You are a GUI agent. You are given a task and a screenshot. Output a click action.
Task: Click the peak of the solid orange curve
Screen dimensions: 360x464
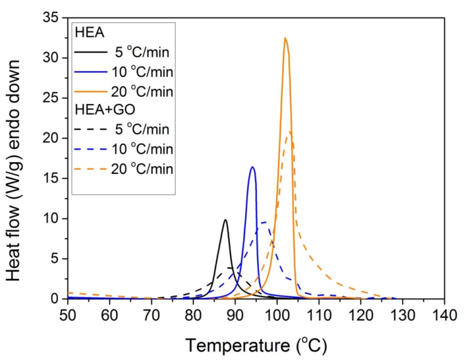point(285,38)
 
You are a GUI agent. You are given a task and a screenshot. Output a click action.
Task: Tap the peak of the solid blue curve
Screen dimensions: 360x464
point(252,167)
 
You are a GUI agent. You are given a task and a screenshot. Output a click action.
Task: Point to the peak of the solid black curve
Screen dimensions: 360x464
point(225,219)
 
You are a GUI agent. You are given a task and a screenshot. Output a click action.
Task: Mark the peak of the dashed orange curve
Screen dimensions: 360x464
point(289,132)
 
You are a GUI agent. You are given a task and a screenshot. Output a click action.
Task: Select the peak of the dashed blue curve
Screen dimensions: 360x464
point(264,222)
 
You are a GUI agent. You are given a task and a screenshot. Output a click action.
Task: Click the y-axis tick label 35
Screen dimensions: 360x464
point(51,17)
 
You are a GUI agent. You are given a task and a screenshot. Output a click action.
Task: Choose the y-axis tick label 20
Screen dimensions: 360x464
point(51,138)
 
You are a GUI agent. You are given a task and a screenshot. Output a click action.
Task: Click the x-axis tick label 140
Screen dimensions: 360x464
point(444,316)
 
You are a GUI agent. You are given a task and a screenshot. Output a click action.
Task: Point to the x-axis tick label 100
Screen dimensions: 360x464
point(277,316)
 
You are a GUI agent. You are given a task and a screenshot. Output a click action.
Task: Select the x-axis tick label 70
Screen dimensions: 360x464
point(151,316)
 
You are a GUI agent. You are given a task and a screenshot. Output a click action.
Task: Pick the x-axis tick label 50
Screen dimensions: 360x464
point(68,316)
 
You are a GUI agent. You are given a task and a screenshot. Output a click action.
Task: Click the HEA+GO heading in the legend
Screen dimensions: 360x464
point(105,110)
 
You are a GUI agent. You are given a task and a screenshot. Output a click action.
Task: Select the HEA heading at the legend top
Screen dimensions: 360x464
point(89,33)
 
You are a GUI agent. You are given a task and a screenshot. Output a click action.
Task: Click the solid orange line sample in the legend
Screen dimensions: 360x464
point(91,92)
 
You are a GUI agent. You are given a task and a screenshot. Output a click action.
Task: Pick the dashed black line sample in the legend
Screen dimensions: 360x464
point(91,129)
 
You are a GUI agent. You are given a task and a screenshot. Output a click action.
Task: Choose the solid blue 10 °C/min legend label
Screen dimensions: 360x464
point(142,72)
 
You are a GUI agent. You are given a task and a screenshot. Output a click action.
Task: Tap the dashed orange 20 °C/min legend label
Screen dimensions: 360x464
point(142,169)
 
